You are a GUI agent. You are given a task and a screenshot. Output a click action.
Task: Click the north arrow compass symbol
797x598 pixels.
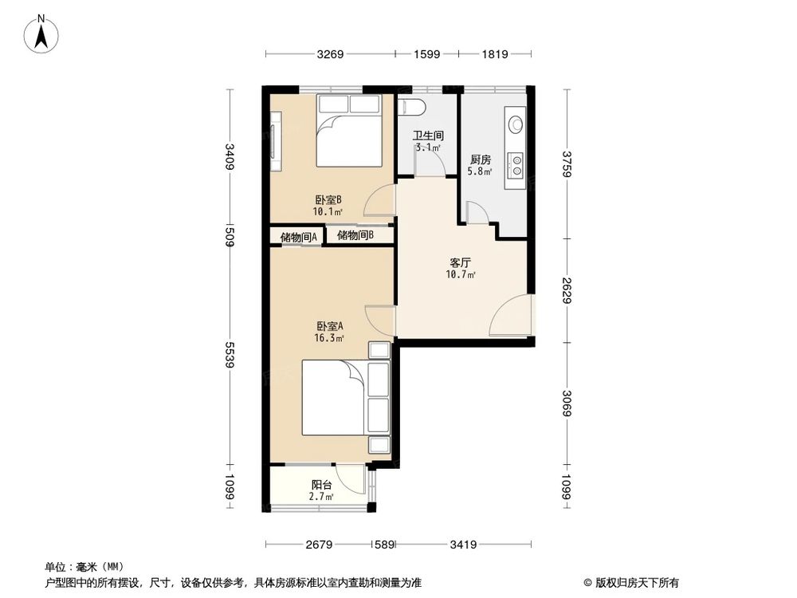(41, 33)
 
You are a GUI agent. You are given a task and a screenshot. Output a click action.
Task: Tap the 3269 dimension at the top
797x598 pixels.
(331, 54)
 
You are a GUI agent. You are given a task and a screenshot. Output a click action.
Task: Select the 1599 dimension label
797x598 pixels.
(426, 54)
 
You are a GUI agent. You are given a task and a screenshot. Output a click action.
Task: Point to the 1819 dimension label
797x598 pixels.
(495, 54)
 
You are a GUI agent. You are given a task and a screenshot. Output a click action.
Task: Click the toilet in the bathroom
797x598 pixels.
(411, 107)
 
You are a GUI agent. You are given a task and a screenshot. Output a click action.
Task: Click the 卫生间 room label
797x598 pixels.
(427, 136)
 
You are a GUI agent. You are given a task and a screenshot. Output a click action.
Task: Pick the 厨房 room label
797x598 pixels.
(481, 159)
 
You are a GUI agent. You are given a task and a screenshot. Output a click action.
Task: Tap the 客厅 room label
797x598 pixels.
(461, 263)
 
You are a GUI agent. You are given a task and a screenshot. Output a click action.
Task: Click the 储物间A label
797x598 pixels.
(299, 237)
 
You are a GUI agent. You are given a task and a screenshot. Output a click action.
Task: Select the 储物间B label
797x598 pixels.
(355, 235)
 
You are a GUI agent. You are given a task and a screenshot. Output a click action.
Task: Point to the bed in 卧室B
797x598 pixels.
(349, 131)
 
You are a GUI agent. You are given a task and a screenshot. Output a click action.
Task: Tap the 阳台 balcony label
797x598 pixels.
(321, 485)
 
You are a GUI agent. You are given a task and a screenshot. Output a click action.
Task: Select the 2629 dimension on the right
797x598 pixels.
(567, 290)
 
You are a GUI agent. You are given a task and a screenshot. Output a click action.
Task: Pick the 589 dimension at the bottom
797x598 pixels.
(384, 545)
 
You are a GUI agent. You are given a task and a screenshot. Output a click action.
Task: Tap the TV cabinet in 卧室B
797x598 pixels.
(276, 141)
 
